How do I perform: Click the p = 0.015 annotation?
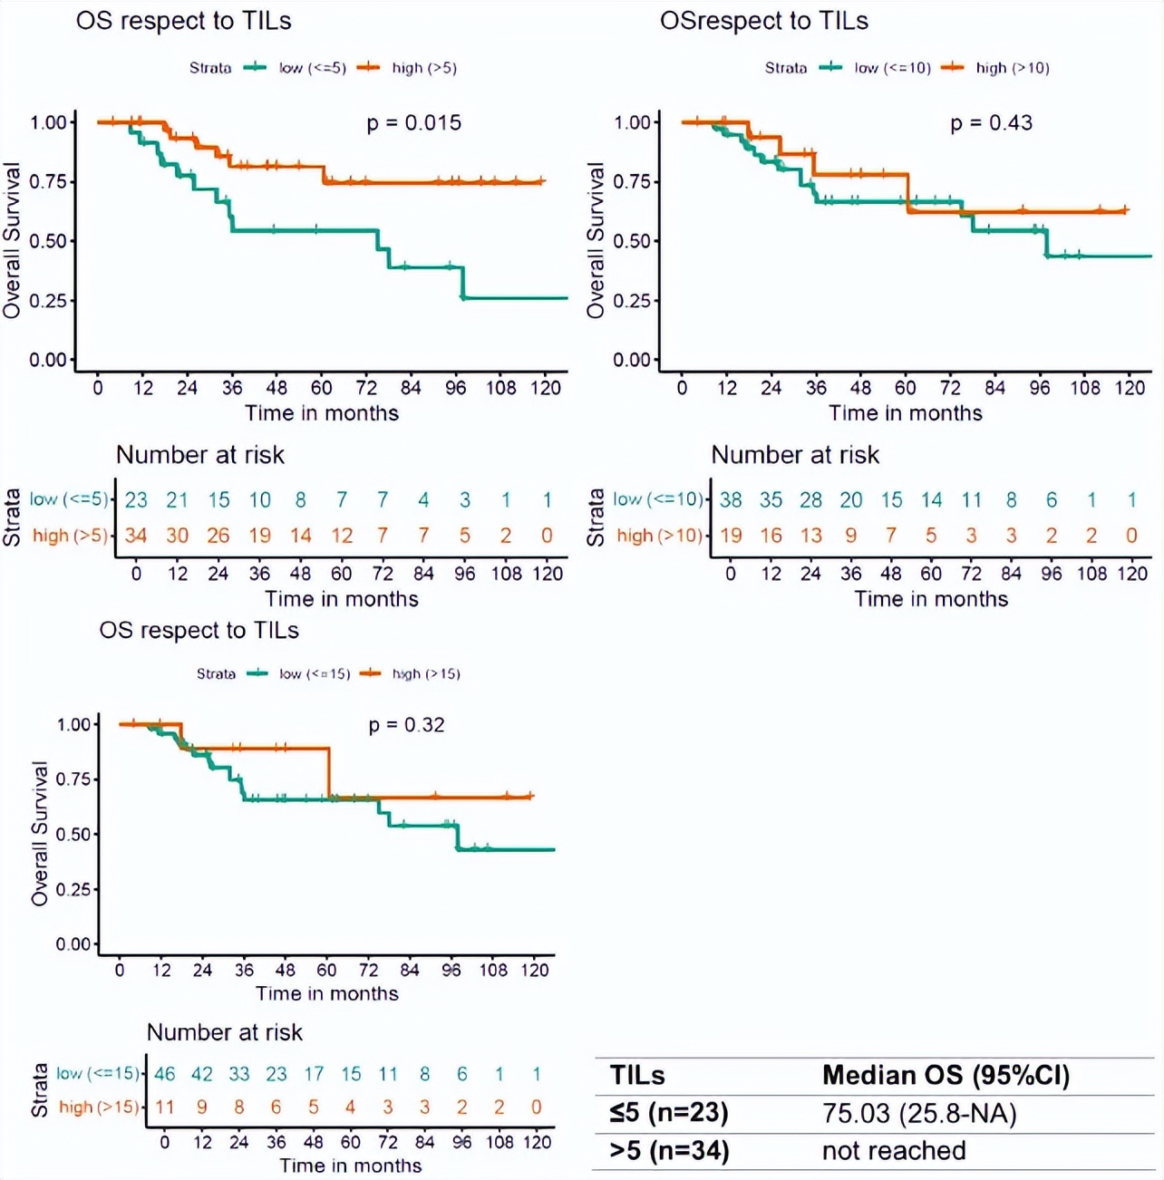(x=413, y=123)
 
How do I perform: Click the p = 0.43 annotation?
(x=991, y=123)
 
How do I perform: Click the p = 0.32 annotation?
(x=406, y=725)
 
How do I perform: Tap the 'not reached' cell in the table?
(x=894, y=1151)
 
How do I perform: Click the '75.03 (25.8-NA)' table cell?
(x=919, y=1113)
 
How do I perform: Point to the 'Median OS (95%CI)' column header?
(x=946, y=1076)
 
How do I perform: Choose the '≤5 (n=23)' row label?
(x=669, y=1113)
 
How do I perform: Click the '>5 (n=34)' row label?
(x=669, y=1151)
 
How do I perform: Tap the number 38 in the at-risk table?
(x=731, y=500)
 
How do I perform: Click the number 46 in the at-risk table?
(x=164, y=1075)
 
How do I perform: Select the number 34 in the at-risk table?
(x=136, y=536)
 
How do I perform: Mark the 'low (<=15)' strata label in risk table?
(x=98, y=1074)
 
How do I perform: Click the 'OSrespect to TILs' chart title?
(x=763, y=21)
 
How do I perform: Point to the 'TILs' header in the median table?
(x=637, y=1076)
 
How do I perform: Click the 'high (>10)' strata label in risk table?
(x=659, y=536)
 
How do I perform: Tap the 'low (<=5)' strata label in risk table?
(x=69, y=499)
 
